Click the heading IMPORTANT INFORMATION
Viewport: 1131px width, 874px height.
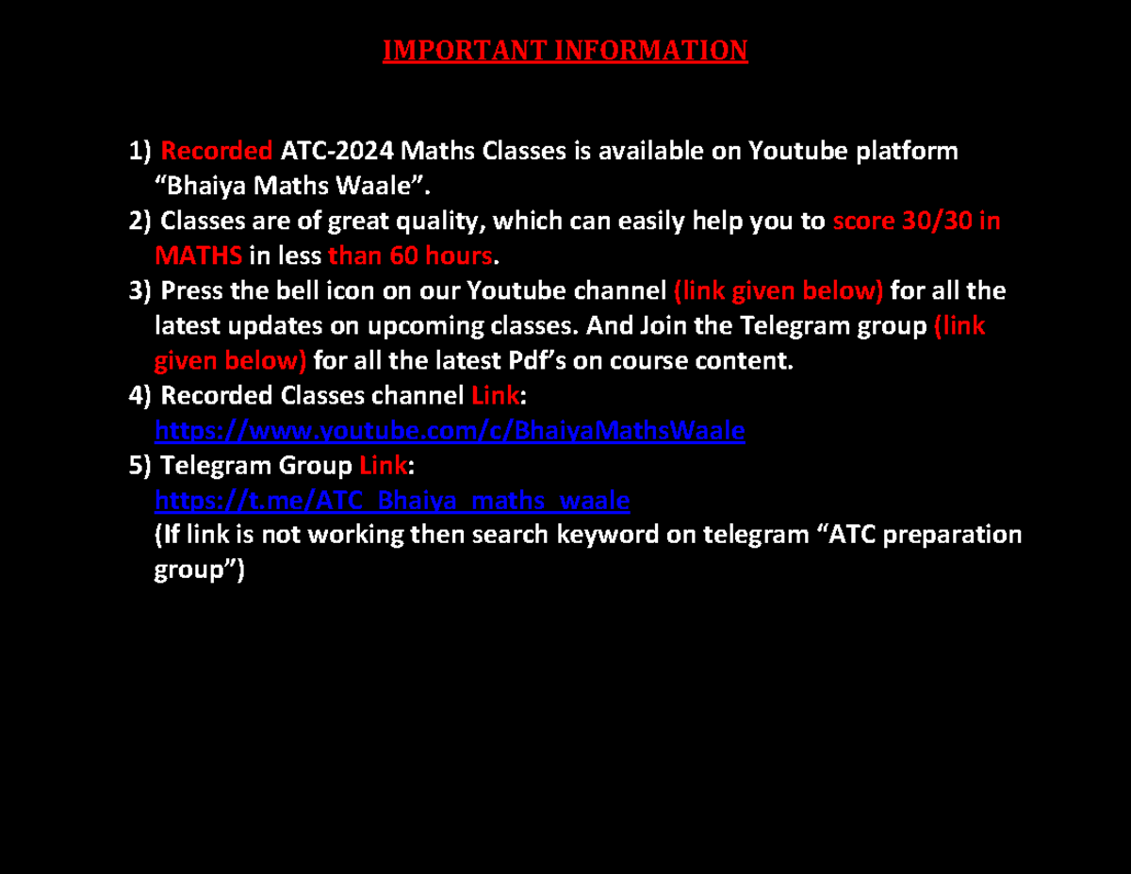coord(565,50)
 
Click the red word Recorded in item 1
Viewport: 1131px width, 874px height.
coord(217,151)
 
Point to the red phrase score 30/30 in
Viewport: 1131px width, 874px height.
coord(916,221)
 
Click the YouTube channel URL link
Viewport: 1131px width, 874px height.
coord(450,431)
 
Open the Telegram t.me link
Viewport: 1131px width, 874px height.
coord(391,500)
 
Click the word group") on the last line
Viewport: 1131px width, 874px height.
coord(198,570)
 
